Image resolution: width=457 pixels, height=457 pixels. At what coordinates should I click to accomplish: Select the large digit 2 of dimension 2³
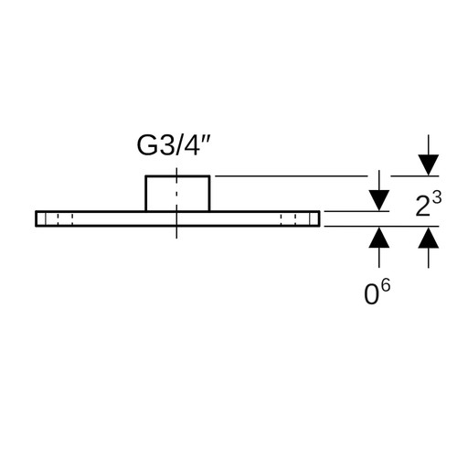(423, 207)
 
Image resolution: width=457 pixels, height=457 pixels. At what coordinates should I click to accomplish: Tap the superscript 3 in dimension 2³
(437, 198)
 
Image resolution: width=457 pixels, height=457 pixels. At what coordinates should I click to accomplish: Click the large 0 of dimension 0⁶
(372, 294)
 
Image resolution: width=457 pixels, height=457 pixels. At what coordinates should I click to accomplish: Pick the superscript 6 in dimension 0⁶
(386, 287)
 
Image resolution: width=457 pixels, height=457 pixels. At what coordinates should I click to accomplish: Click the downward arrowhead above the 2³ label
(429, 165)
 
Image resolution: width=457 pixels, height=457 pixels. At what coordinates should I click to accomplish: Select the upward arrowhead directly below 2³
(429, 238)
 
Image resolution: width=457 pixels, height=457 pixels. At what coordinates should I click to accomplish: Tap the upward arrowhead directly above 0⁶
(379, 237)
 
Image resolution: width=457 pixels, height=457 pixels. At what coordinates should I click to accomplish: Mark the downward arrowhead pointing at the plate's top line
(379, 200)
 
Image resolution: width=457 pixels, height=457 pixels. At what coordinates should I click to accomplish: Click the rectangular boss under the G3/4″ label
(177, 193)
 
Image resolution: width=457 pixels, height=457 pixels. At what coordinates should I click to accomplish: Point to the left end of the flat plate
(36, 218)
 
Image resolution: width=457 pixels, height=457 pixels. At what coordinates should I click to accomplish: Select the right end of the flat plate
(319, 218)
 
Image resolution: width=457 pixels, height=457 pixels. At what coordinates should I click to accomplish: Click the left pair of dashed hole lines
(65, 218)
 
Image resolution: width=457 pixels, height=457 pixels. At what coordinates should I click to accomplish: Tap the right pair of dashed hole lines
(288, 218)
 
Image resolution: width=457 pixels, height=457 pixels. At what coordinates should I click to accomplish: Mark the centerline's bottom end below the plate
(176, 239)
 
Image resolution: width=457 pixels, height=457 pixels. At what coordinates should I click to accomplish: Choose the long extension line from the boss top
(291, 175)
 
